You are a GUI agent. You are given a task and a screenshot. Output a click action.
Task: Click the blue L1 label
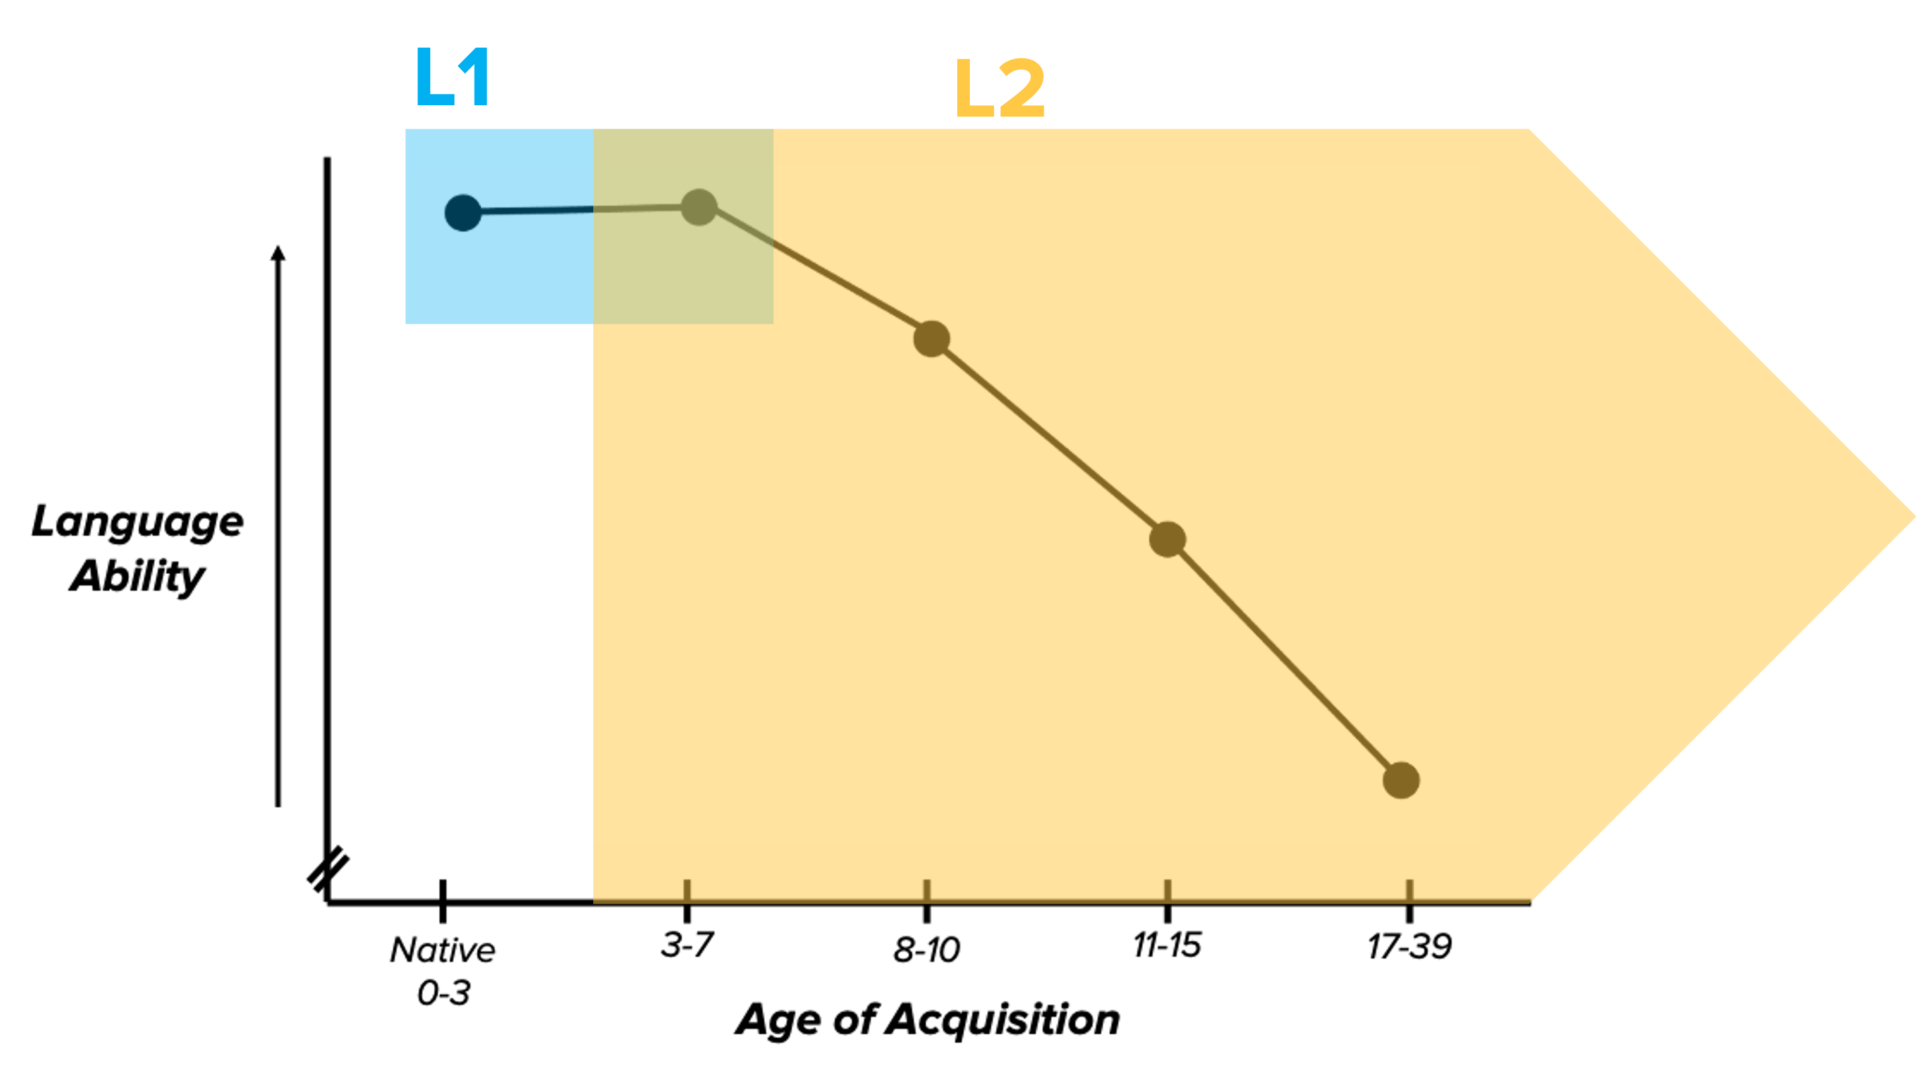click(452, 76)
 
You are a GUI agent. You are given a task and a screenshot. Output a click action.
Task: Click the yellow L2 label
click(999, 88)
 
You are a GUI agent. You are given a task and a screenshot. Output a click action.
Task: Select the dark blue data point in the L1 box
click(463, 213)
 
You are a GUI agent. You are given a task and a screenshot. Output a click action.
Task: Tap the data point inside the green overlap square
click(699, 207)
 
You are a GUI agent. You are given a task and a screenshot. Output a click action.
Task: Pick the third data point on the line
click(932, 339)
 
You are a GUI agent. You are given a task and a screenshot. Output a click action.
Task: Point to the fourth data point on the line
click(1168, 539)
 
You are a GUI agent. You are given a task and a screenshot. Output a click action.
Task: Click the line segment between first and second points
click(580, 211)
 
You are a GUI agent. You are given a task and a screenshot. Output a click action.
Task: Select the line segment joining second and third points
click(815, 272)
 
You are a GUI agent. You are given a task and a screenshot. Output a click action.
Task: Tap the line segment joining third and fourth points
click(1049, 439)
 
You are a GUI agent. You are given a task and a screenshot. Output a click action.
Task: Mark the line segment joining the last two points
click(1284, 660)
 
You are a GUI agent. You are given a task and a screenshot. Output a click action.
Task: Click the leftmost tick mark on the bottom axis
click(687, 889)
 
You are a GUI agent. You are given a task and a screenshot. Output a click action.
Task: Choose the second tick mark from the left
click(926, 889)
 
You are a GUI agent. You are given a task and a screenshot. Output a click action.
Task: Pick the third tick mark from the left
click(1168, 889)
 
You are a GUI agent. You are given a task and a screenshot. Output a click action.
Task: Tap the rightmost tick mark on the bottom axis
click(1410, 889)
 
